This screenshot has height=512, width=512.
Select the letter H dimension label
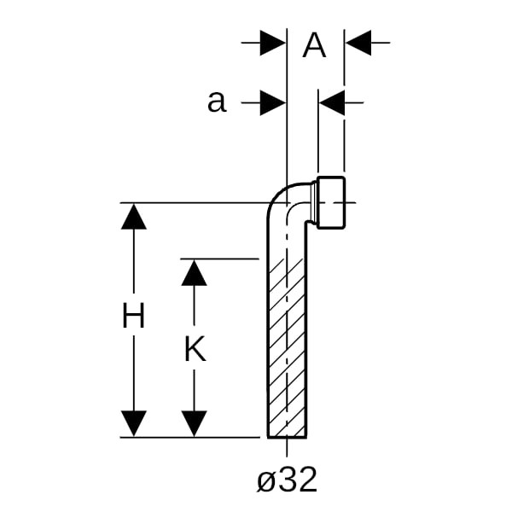pos(133,317)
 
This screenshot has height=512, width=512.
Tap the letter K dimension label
pos(195,349)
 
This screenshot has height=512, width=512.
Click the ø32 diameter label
pos(288,480)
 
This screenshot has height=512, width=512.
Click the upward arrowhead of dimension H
pos(133,217)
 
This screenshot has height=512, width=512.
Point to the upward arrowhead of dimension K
pos(195,272)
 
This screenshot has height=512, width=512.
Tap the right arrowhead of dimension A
pos(358,42)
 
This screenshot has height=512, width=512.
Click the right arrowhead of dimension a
pos(331,103)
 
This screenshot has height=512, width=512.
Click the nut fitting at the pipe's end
pos(332,202)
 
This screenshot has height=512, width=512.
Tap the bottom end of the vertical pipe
pos(288,435)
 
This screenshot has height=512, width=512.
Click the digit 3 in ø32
pos(288,480)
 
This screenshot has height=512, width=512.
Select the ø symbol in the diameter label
pos(266,482)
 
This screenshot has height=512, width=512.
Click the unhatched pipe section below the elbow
pos(288,239)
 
